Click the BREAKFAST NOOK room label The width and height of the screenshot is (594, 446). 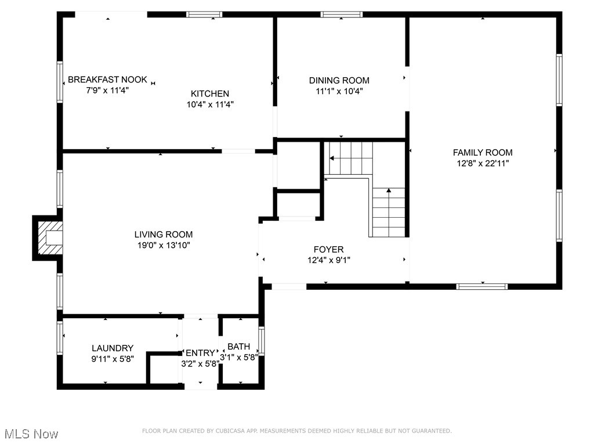107,80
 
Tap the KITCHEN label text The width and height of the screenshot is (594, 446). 210,93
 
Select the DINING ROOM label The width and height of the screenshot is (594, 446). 339,80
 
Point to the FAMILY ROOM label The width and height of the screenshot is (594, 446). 483,153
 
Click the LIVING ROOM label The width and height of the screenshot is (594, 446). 164,235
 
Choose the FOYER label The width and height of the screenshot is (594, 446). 329,250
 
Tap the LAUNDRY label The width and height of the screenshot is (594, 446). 113,348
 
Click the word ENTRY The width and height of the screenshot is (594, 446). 200,353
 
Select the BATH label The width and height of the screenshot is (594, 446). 238,347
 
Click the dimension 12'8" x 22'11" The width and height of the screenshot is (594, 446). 483,163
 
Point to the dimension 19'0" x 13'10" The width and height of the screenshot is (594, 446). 164,245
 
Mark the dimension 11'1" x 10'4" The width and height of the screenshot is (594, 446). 339,91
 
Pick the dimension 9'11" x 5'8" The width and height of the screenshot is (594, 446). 113,359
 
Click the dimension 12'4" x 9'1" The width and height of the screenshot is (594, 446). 329,260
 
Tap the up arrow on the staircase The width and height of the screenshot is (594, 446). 389,190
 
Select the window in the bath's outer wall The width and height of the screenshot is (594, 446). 262,341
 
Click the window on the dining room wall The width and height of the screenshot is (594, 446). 342,15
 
